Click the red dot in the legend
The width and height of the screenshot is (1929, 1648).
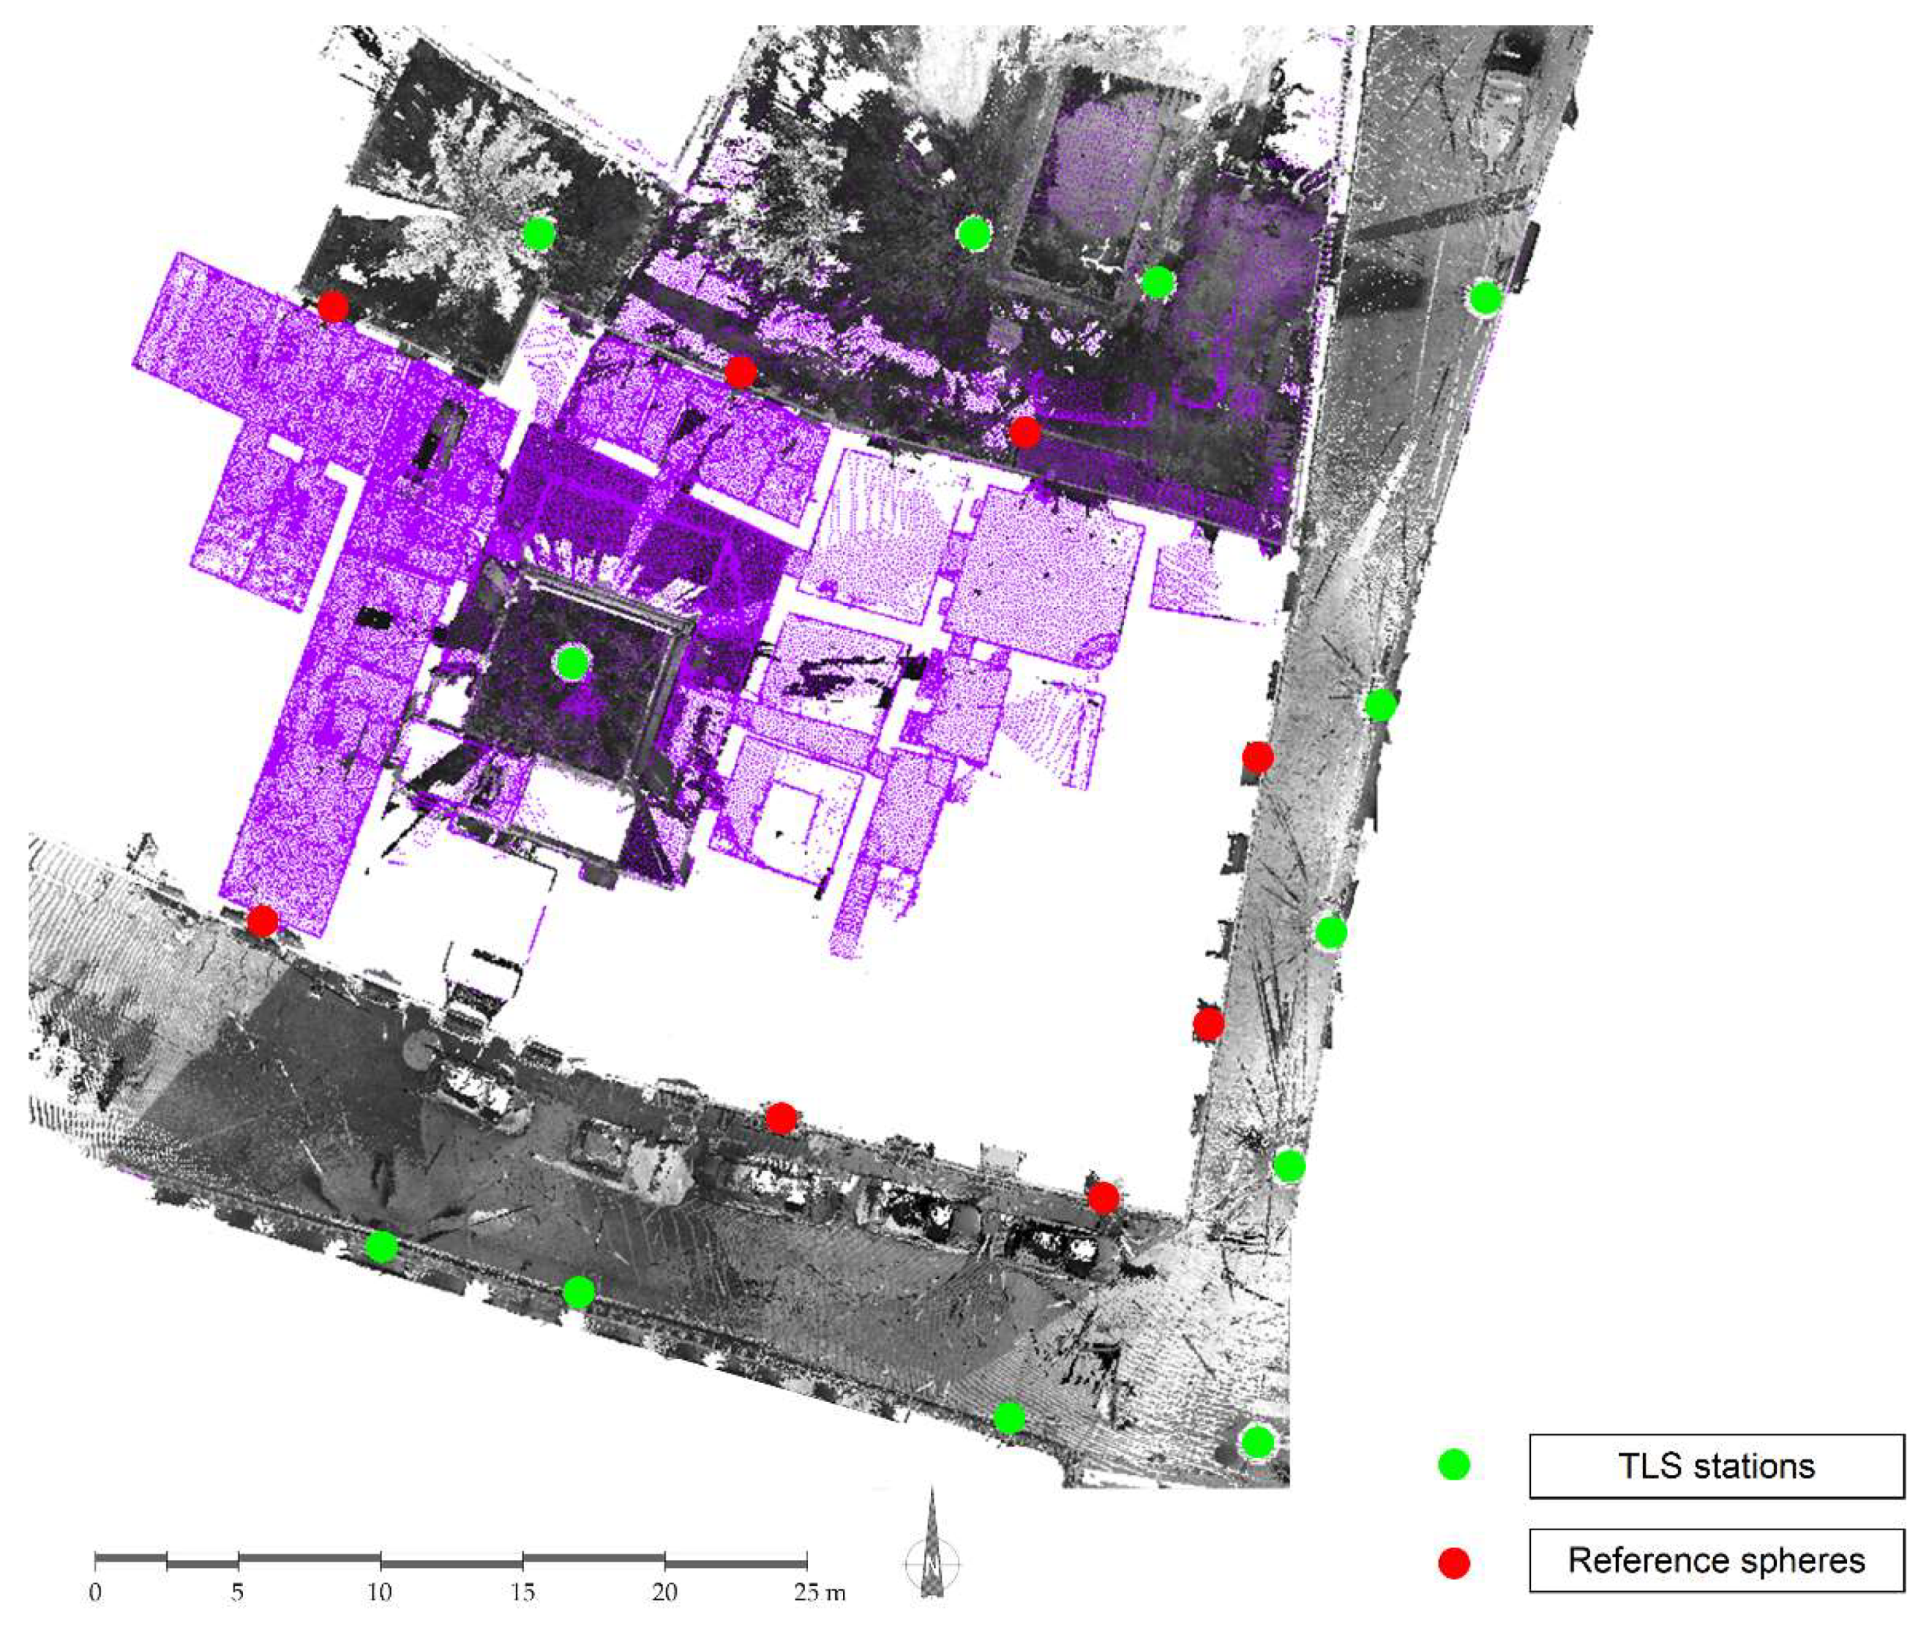click(1453, 1562)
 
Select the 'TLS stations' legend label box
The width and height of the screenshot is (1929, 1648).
click(1716, 1466)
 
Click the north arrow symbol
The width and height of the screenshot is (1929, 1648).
click(932, 1546)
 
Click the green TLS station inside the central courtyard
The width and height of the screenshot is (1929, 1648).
click(572, 663)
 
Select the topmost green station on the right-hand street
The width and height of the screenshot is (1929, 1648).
click(1485, 298)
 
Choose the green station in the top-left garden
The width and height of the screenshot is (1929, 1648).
click(538, 233)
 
